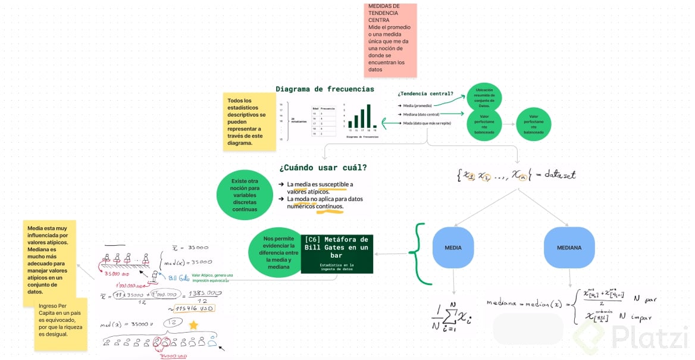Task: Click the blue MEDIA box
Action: point(453,248)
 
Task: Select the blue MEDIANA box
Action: point(569,248)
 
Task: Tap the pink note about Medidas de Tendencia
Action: point(390,40)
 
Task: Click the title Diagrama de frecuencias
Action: point(325,89)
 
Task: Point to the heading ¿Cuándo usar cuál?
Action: point(323,168)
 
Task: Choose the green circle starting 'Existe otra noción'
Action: point(245,195)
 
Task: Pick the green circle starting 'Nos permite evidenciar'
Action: point(275,252)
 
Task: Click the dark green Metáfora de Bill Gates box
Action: point(337,253)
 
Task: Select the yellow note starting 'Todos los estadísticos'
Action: point(247,121)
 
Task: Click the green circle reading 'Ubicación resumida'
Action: point(484,98)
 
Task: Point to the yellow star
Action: point(193,325)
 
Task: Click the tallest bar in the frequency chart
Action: point(369,117)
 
